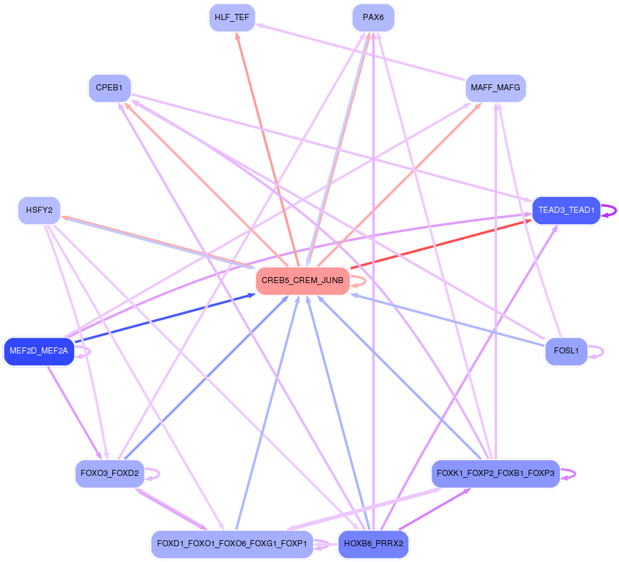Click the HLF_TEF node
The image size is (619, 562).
click(232, 18)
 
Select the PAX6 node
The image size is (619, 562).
click(373, 18)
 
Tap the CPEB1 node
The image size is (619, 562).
click(109, 89)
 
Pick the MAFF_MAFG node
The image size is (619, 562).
click(495, 89)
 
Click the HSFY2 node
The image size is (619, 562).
click(39, 211)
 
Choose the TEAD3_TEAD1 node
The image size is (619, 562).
click(566, 210)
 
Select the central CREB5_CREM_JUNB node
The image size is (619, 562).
click(303, 281)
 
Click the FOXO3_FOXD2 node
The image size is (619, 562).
click(109, 473)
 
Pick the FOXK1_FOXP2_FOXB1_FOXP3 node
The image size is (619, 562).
click(495, 473)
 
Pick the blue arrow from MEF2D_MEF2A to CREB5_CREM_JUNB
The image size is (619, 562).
click(164, 319)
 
